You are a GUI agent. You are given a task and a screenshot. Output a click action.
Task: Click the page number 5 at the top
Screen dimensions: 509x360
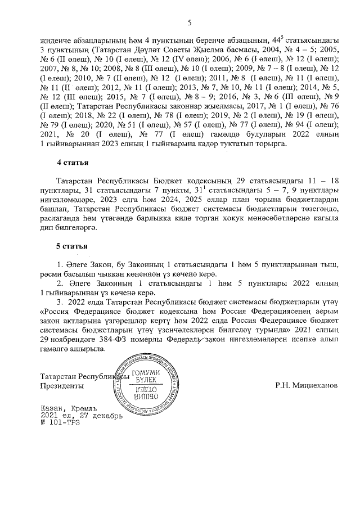click(190, 22)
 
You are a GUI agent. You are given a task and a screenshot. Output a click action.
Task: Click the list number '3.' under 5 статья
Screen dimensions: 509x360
click(60, 303)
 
